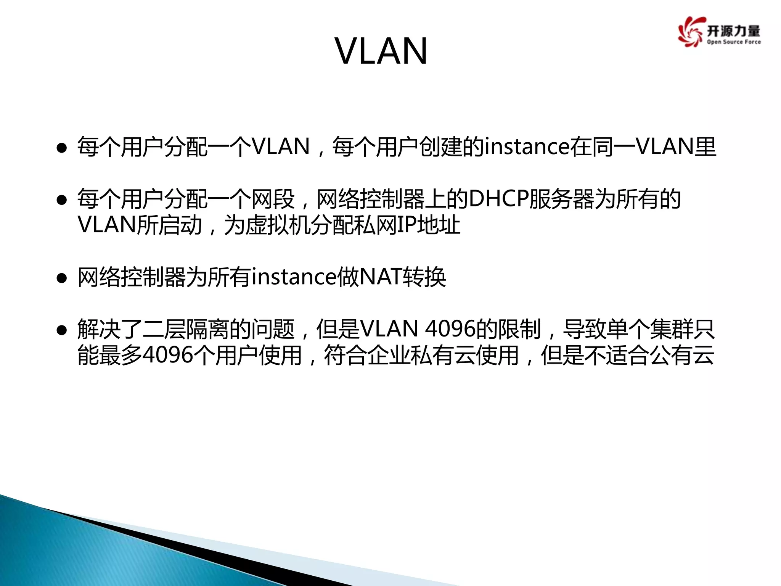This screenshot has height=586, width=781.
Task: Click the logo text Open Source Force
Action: click(x=733, y=42)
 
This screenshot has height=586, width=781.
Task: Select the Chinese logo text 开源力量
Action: click(x=733, y=31)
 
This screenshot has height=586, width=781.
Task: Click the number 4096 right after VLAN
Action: click(x=450, y=329)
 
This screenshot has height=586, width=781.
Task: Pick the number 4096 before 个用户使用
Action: click(x=169, y=355)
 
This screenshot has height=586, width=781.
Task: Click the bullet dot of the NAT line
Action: click(x=62, y=279)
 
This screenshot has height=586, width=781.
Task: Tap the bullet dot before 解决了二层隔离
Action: click(x=62, y=331)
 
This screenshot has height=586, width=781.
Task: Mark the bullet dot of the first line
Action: click(x=62, y=148)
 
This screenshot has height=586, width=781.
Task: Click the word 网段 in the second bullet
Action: click(x=273, y=199)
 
